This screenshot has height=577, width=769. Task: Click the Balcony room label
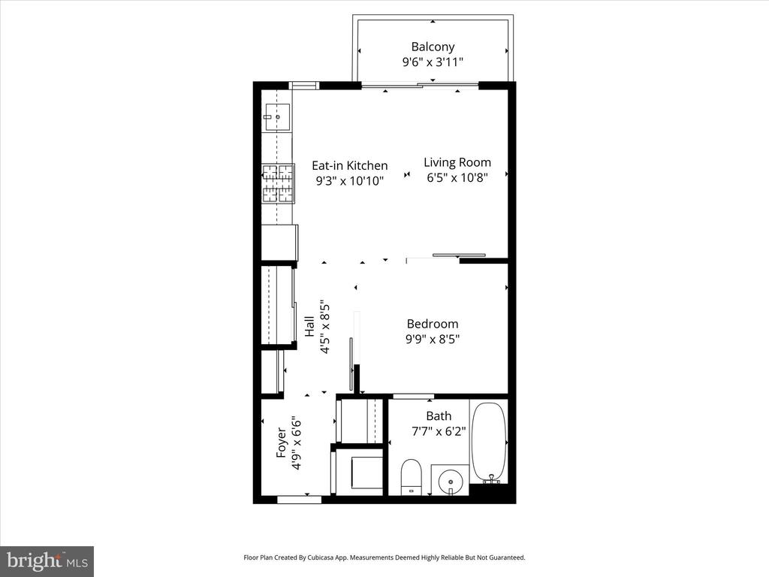433,47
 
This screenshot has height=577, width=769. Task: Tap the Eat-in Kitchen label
350,165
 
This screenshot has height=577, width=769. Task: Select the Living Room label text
457,162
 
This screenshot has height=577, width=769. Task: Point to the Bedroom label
433,324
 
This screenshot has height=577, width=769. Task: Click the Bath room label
439,416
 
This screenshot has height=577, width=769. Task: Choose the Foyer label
281,443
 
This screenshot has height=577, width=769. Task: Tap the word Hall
309,326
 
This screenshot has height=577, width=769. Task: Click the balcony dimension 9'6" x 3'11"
433,62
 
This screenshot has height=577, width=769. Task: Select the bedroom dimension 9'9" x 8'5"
433,339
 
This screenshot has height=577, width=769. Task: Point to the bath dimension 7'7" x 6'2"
439,431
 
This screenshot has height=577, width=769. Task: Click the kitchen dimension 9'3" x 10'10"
349,180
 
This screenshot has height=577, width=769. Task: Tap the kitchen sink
277,117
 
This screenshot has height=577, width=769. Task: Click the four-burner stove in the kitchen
278,183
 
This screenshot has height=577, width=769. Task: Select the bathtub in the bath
488,442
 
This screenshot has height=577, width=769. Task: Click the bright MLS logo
47,561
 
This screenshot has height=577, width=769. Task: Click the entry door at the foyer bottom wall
299,500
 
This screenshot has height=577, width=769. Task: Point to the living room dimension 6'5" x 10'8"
457,177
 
